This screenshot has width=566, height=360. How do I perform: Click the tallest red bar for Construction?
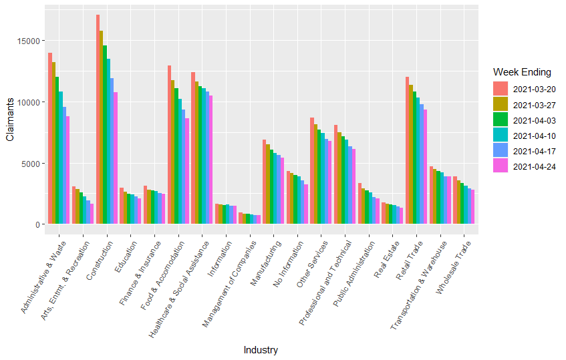[98, 120]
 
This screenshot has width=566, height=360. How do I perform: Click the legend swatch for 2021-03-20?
[501, 89]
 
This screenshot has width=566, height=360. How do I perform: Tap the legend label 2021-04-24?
[535, 166]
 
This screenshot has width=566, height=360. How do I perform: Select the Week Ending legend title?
[521, 72]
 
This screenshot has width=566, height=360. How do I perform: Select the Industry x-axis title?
[261, 350]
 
